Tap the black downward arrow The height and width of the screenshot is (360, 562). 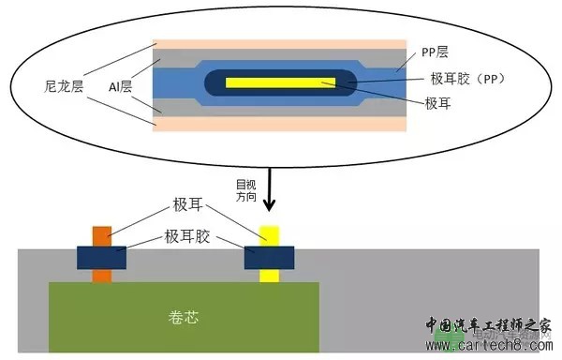(270, 193)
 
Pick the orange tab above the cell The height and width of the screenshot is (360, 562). (101, 234)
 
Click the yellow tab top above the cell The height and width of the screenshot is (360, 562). (269, 234)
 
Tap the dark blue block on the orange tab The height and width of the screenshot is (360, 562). (101, 256)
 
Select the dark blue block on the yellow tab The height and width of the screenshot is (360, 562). (269, 256)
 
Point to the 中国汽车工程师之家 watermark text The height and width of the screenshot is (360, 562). (487, 325)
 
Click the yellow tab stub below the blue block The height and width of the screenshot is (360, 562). (269, 275)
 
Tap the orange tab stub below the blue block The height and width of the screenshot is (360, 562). (101, 275)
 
